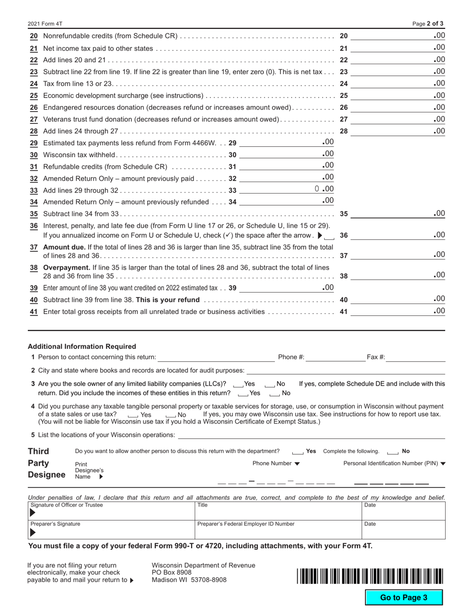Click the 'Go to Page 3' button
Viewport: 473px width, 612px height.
(404, 598)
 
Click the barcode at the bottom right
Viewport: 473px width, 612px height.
(369, 576)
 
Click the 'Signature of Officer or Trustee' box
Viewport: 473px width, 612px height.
(111, 510)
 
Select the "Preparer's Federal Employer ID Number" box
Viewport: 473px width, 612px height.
(278, 530)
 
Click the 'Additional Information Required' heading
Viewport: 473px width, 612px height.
(82, 346)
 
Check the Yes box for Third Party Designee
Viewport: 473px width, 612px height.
(298, 452)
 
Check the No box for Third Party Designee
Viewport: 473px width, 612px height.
(392, 452)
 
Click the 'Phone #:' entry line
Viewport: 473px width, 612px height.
(336, 357)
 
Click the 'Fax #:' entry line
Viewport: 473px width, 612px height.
(415, 357)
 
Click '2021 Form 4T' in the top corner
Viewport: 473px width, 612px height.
(45, 23)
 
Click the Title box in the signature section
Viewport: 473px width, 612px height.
(278, 510)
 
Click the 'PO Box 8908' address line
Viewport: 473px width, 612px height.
(172, 572)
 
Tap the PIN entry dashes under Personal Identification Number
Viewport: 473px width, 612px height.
(391, 483)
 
